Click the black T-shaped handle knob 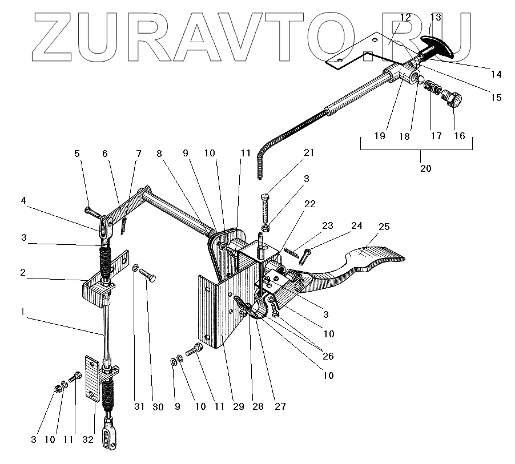[x=440, y=45]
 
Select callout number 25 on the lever [x=384, y=227]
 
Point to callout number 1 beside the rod [x=22, y=312]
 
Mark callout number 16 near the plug [x=460, y=136]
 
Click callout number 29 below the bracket [x=238, y=407]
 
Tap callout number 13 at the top [x=435, y=17]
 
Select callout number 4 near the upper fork [x=23, y=200]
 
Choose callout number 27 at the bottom [x=280, y=407]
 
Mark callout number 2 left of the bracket [x=23, y=272]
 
